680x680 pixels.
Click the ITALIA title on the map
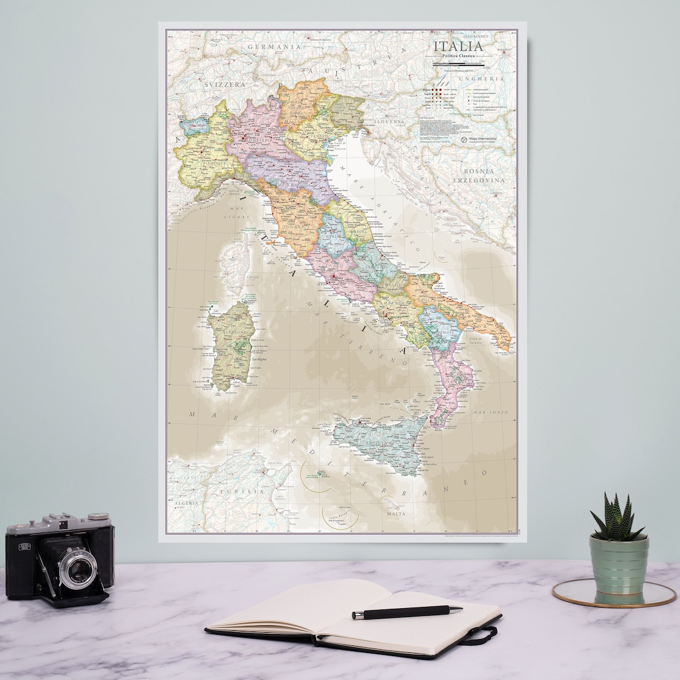click(458, 47)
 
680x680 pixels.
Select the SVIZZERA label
click(224, 84)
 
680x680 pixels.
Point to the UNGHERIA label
click(482, 79)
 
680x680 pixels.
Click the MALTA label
click(395, 514)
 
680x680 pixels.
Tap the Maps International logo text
click(482, 139)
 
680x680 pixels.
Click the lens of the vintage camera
click(78, 569)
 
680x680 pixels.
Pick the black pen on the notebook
click(407, 611)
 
